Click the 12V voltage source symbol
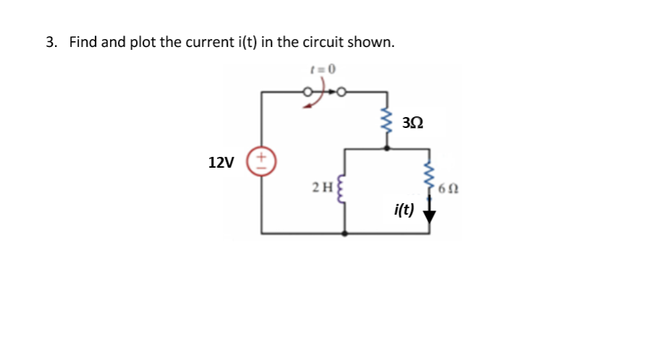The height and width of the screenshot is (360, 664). (262, 161)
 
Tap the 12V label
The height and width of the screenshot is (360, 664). (221, 162)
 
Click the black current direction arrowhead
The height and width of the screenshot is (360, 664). (431, 215)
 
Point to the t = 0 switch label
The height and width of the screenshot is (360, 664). (320, 69)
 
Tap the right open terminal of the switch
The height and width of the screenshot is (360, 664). (340, 92)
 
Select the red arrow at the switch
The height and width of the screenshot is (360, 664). (312, 103)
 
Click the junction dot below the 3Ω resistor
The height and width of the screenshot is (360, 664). (389, 147)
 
